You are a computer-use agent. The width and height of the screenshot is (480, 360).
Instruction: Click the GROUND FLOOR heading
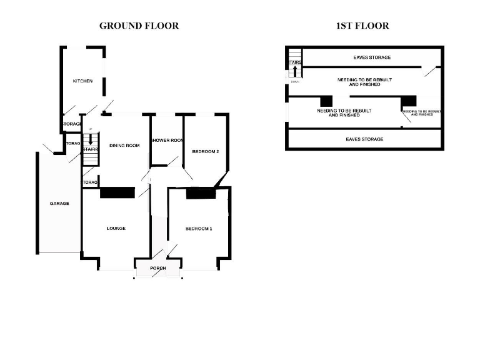[x=139, y=26]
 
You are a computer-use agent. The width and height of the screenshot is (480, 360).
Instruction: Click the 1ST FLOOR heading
[x=362, y=26]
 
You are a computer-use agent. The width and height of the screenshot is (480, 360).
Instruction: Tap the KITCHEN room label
[x=83, y=81]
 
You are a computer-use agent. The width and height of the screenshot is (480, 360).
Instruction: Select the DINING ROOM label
[x=124, y=145]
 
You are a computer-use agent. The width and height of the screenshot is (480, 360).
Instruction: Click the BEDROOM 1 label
[x=199, y=229]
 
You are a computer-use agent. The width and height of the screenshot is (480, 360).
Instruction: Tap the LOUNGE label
[x=116, y=229]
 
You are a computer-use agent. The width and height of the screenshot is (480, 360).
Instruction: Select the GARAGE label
[x=60, y=204]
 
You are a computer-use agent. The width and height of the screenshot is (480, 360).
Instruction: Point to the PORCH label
[x=157, y=269]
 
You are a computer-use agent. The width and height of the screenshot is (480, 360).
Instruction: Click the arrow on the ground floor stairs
[x=91, y=141]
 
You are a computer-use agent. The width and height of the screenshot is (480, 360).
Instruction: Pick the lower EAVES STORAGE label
[x=364, y=139]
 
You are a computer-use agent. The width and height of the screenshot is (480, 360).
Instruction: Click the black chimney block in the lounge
[x=117, y=194]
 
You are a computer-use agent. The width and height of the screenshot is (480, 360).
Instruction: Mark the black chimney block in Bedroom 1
[x=201, y=194]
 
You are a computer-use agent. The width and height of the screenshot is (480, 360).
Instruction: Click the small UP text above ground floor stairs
[x=91, y=129]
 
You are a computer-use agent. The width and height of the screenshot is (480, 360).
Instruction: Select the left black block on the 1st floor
[x=326, y=101]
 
